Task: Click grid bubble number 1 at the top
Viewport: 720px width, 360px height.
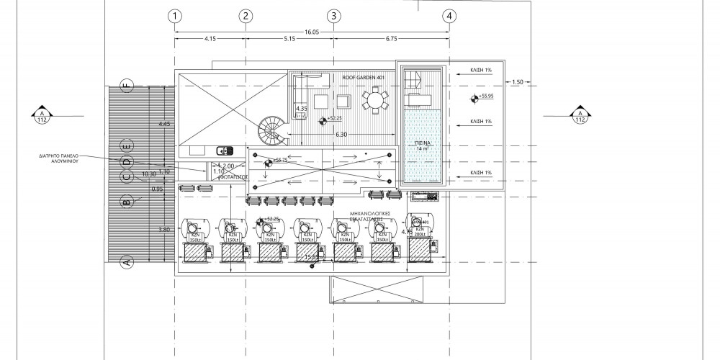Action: coord(174,15)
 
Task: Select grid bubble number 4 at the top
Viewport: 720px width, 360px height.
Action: coord(449,15)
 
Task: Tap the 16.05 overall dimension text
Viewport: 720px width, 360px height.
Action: coord(312,32)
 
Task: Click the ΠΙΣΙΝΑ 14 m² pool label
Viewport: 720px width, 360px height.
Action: coord(423,146)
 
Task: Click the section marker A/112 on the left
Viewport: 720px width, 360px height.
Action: coord(42,115)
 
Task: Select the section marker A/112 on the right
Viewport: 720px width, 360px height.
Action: coord(579,115)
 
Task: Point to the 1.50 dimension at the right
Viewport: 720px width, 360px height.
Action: coord(517,83)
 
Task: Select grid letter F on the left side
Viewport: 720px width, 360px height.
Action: coord(126,86)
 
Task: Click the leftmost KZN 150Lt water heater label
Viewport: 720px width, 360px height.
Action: coord(194,236)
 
